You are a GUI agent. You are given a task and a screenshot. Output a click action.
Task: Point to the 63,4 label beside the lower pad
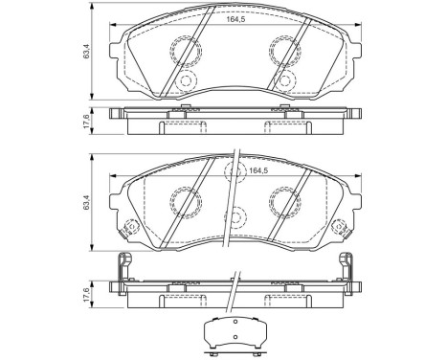click(x=87, y=202)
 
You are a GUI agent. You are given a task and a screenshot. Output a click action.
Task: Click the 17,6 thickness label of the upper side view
click(x=87, y=122)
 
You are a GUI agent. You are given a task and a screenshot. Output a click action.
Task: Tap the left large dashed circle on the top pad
click(x=185, y=50)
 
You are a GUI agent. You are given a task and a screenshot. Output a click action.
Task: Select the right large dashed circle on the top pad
click(x=284, y=50)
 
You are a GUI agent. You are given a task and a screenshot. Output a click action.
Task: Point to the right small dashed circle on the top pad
click(x=283, y=82)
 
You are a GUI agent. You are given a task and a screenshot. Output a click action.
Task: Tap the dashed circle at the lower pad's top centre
click(x=234, y=172)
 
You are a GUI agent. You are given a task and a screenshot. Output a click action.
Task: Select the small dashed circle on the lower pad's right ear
click(x=339, y=230)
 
